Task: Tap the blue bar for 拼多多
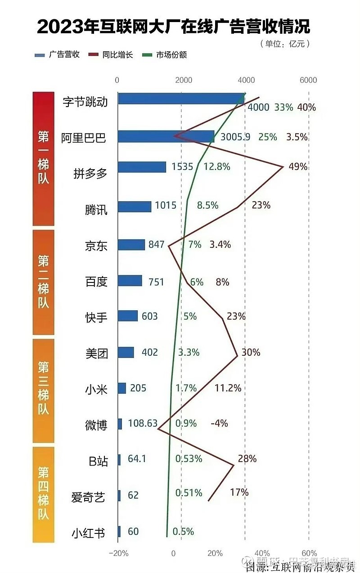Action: [x=142, y=167]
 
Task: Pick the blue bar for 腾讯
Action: [x=135, y=206]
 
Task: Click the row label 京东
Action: [x=96, y=245]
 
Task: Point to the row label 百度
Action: [x=96, y=281]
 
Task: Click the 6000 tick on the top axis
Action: [x=308, y=80]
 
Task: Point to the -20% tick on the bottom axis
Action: [x=119, y=553]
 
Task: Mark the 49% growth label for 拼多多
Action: [x=298, y=167]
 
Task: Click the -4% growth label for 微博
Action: [x=219, y=423]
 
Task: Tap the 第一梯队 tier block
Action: [x=43, y=158]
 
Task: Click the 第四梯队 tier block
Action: [x=43, y=494]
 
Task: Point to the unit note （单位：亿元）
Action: [x=285, y=44]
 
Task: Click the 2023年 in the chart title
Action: [x=62, y=27]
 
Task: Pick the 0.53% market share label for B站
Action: [x=189, y=459]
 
